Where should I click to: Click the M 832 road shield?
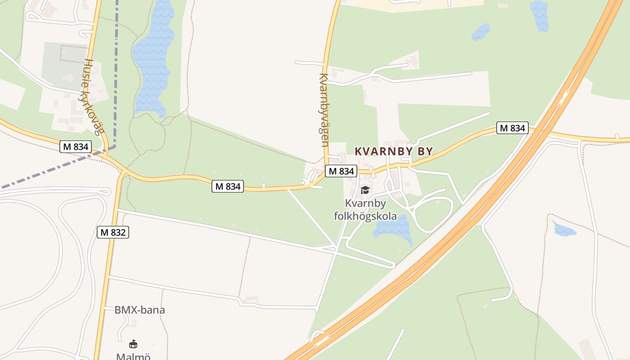113,232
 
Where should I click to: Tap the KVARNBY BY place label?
394,152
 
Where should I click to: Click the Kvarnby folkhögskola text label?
365,210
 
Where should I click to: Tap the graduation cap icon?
365,190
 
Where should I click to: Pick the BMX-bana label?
139,310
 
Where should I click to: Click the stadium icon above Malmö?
133,344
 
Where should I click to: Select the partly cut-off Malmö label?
133,356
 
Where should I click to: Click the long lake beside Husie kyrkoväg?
153,58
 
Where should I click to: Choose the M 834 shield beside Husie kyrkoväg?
76,147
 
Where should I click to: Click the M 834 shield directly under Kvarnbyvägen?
341,171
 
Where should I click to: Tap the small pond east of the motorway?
564,230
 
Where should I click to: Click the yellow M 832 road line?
104,279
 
